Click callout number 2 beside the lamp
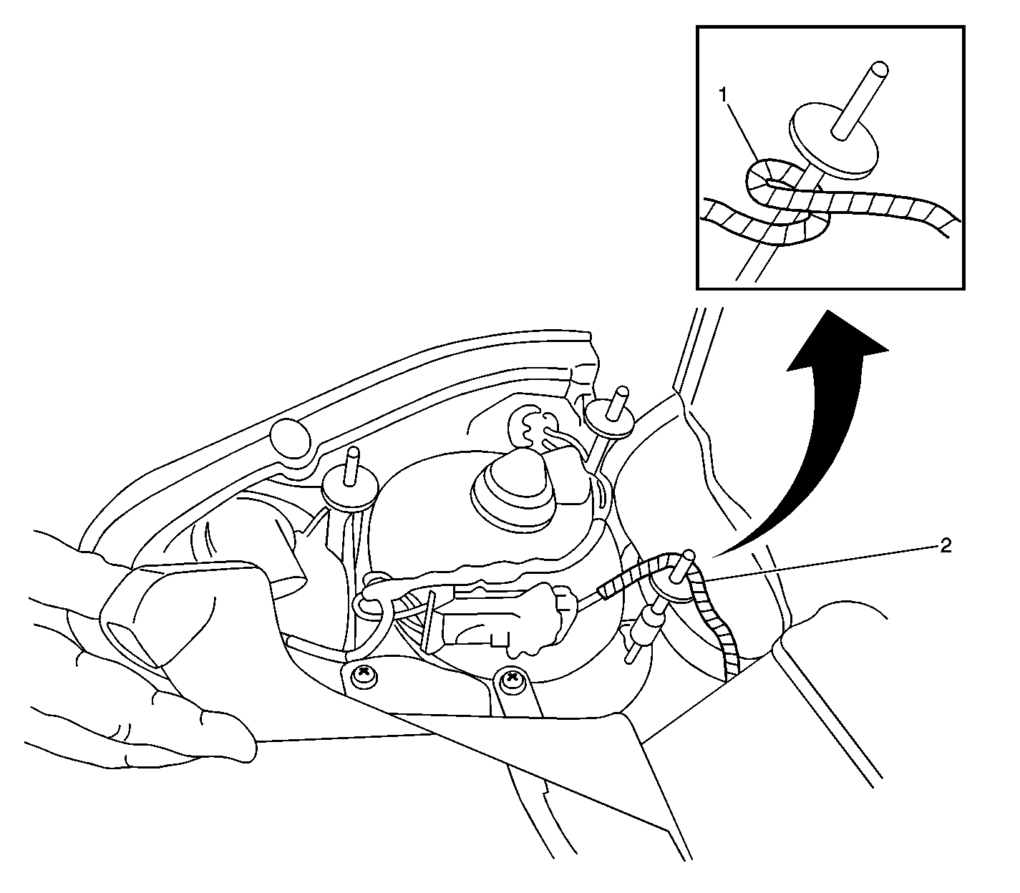(x=946, y=546)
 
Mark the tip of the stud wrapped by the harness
(x=689, y=554)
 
